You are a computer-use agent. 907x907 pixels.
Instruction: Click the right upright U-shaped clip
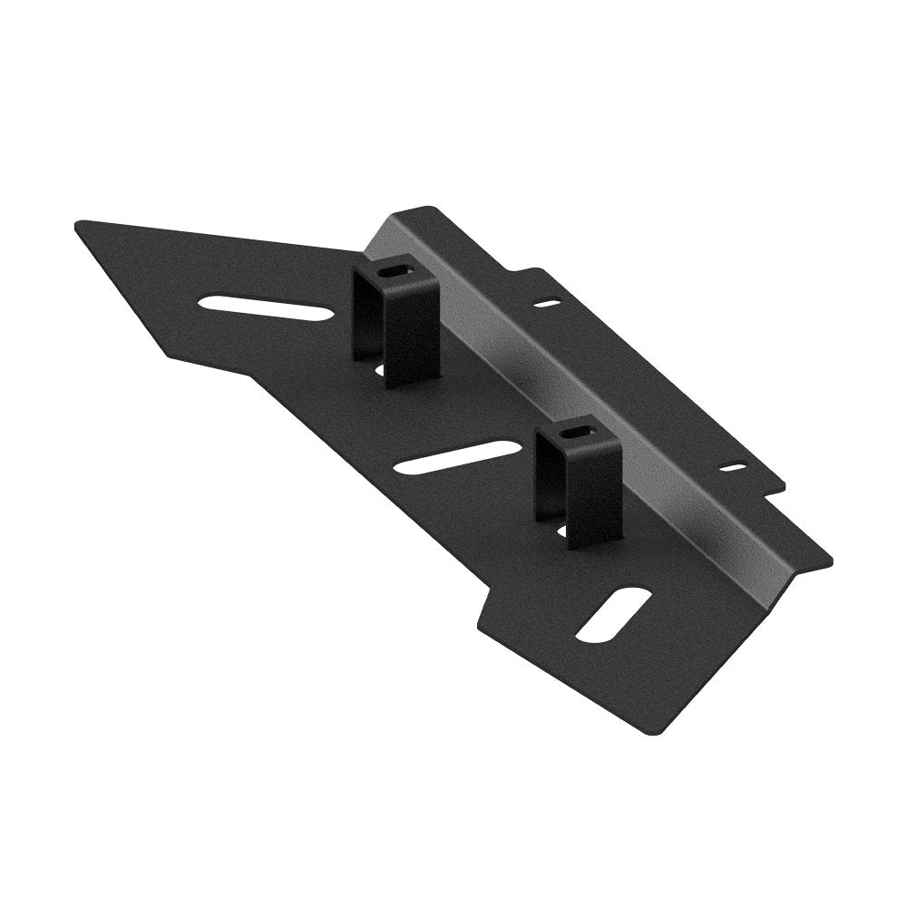click(x=579, y=481)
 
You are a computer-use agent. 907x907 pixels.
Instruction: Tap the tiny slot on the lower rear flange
click(x=732, y=468)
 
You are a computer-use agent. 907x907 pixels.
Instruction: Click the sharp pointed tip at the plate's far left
click(x=76, y=223)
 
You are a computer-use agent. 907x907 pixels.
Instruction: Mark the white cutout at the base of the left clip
click(x=379, y=369)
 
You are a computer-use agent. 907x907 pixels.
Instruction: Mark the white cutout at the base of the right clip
click(x=561, y=532)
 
